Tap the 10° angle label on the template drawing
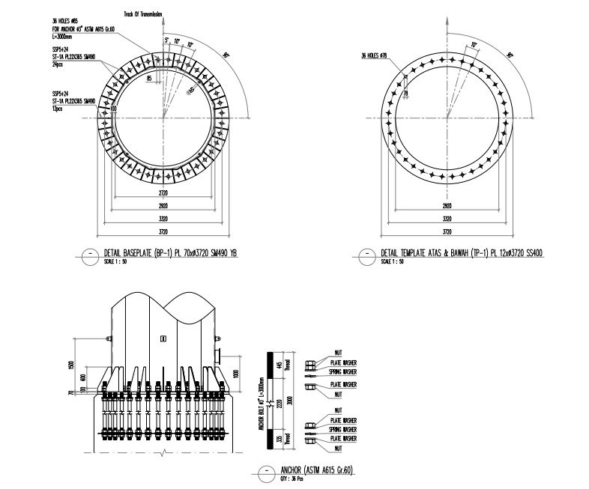pos(473,46)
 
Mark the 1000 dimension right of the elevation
pos(234,374)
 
